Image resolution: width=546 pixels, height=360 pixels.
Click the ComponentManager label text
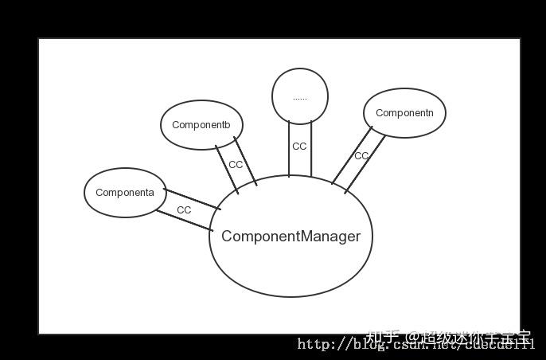tap(291, 237)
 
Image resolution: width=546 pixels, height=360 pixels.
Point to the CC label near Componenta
tap(184, 210)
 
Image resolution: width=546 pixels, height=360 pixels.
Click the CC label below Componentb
tap(236, 165)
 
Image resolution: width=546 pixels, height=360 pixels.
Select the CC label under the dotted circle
tap(299, 147)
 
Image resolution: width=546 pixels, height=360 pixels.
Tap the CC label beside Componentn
tap(361, 156)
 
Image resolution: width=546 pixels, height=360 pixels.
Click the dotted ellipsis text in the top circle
tap(299, 98)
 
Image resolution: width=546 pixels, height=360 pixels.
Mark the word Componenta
tap(125, 193)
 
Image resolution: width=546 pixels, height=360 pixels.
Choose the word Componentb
tap(201, 125)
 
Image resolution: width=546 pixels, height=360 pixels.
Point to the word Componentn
tap(404, 113)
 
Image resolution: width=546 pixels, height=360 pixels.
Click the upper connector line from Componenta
tap(193, 199)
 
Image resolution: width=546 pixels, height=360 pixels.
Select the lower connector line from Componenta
tap(184, 220)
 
